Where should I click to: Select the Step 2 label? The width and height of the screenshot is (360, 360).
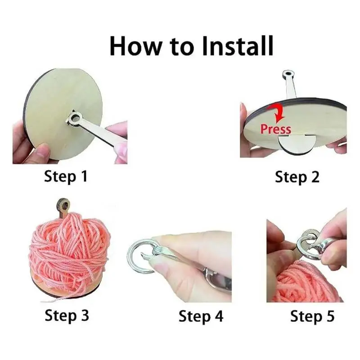297,176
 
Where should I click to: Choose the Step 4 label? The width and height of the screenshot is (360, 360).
201,316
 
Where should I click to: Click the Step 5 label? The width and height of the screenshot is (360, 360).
312,316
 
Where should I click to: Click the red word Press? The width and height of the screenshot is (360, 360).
275,129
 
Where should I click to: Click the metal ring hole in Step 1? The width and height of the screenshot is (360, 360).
74,119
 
